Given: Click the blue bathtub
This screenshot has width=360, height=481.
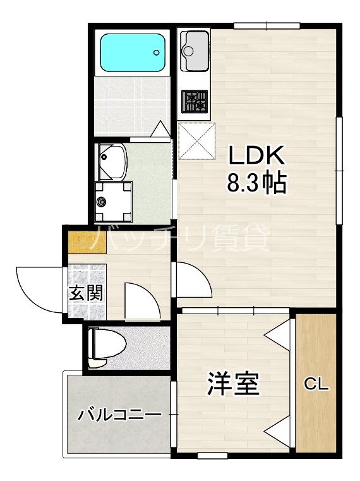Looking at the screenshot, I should pos(133,54).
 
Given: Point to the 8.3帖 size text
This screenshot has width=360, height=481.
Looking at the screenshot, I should pos(256,183).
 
